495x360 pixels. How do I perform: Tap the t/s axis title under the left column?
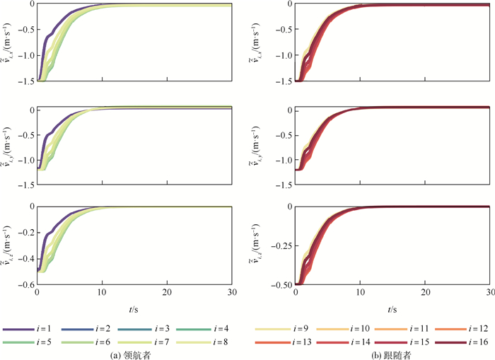coord(133,309)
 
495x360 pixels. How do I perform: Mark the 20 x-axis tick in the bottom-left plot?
coord(166,293)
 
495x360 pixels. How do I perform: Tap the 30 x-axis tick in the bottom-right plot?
coord(488,293)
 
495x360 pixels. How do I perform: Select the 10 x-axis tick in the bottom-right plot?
coord(360,293)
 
